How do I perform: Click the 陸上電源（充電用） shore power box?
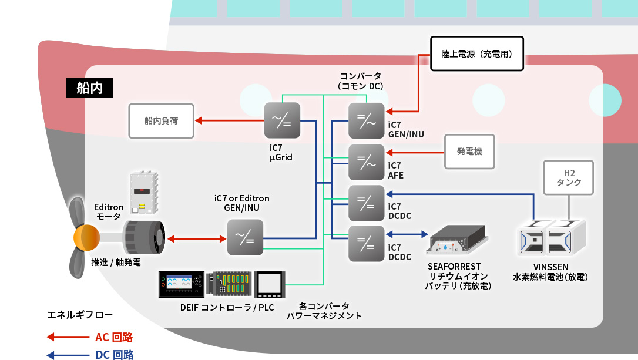coord(477,53)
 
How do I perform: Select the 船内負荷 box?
coord(161,121)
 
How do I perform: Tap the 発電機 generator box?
coord(469,152)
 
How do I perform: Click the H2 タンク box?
coord(569,178)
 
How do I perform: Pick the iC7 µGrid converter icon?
coord(282,120)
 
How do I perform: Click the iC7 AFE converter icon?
coord(366,162)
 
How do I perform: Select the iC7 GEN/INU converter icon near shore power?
coord(366,121)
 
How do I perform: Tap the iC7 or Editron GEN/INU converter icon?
coord(245,238)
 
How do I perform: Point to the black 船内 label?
coord(89,88)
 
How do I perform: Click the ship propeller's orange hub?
coord(86,237)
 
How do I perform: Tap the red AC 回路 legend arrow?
coord(68,337)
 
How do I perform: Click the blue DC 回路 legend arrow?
coord(68,355)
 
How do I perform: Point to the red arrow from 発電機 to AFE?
coord(415,153)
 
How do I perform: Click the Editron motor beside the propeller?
coord(144,238)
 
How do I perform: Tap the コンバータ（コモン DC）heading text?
coord(361,81)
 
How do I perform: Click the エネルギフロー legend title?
coord(80,315)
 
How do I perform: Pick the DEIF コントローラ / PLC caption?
coord(227,308)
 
